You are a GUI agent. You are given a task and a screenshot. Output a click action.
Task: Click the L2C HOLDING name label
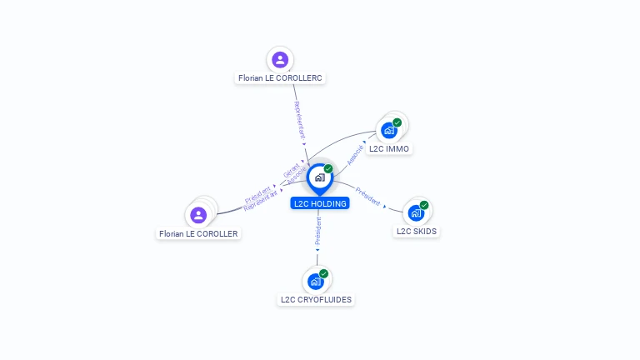point(320,202)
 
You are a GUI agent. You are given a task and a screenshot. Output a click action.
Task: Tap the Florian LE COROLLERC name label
point(280,77)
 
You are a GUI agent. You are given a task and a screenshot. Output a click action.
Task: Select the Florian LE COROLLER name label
point(198,233)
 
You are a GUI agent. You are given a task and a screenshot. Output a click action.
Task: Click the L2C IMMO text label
point(389,148)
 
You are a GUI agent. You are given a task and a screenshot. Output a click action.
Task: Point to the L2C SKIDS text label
point(417,231)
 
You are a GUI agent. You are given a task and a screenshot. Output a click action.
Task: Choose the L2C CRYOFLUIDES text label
point(316,299)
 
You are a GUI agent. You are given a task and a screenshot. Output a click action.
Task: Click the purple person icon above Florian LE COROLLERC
point(280,59)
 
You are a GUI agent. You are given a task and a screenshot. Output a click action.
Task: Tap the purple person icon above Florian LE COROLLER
point(198,215)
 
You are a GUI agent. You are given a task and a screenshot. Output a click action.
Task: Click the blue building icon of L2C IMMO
point(388,130)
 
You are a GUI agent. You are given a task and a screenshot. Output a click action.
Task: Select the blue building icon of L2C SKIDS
point(416,212)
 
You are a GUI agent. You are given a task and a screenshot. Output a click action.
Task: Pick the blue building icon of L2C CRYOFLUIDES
point(315,281)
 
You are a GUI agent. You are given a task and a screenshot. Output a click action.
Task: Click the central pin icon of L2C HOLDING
point(319,177)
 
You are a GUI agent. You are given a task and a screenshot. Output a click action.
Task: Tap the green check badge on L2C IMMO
point(397,122)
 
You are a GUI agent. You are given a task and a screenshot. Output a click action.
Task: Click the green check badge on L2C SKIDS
point(424,205)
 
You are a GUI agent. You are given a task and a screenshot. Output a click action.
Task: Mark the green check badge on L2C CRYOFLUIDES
point(323,273)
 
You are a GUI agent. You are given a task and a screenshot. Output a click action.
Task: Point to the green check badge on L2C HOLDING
point(328,169)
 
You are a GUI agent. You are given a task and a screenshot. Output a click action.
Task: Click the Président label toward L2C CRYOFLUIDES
point(317,231)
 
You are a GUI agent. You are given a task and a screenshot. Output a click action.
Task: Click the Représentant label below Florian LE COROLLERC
point(299,120)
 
